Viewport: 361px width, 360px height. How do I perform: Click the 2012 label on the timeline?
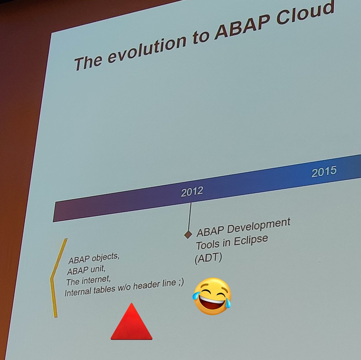point(192,192)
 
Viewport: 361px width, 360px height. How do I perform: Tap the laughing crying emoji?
point(212,296)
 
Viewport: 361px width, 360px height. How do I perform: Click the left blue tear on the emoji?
point(196,295)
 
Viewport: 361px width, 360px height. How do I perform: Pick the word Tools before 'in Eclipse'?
point(207,246)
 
